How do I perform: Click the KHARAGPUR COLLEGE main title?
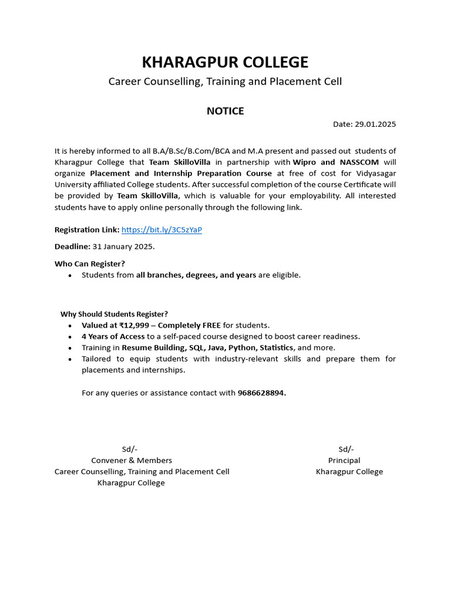point(225,62)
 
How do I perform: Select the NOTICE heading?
point(225,111)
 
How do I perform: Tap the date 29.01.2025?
point(376,124)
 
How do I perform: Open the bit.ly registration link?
point(161,229)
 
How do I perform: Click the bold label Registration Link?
point(87,229)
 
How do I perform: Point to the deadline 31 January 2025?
point(123,247)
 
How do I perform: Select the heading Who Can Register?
point(90,264)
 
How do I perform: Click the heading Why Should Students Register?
point(114,314)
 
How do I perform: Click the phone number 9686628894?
point(261,393)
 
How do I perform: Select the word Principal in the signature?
point(344,460)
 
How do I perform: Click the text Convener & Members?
point(132,460)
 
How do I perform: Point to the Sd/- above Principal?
point(346,449)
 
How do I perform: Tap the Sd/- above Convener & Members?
point(130,449)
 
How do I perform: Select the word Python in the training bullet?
point(242,347)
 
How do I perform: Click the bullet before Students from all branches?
point(70,275)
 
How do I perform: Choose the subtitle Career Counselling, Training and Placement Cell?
point(225,82)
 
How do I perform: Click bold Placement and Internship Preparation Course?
point(181,173)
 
